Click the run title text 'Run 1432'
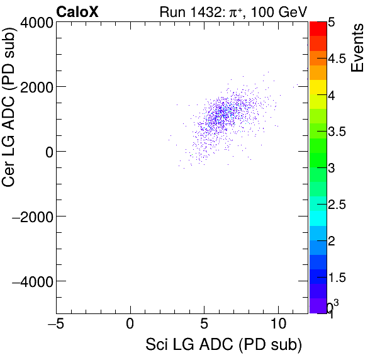click(x=187, y=11)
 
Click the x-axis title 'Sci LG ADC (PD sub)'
click(x=223, y=345)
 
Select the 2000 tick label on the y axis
click(x=35, y=87)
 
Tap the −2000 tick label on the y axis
click(x=31, y=217)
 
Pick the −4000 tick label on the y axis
click(x=31, y=281)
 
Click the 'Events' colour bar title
click(x=357, y=48)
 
